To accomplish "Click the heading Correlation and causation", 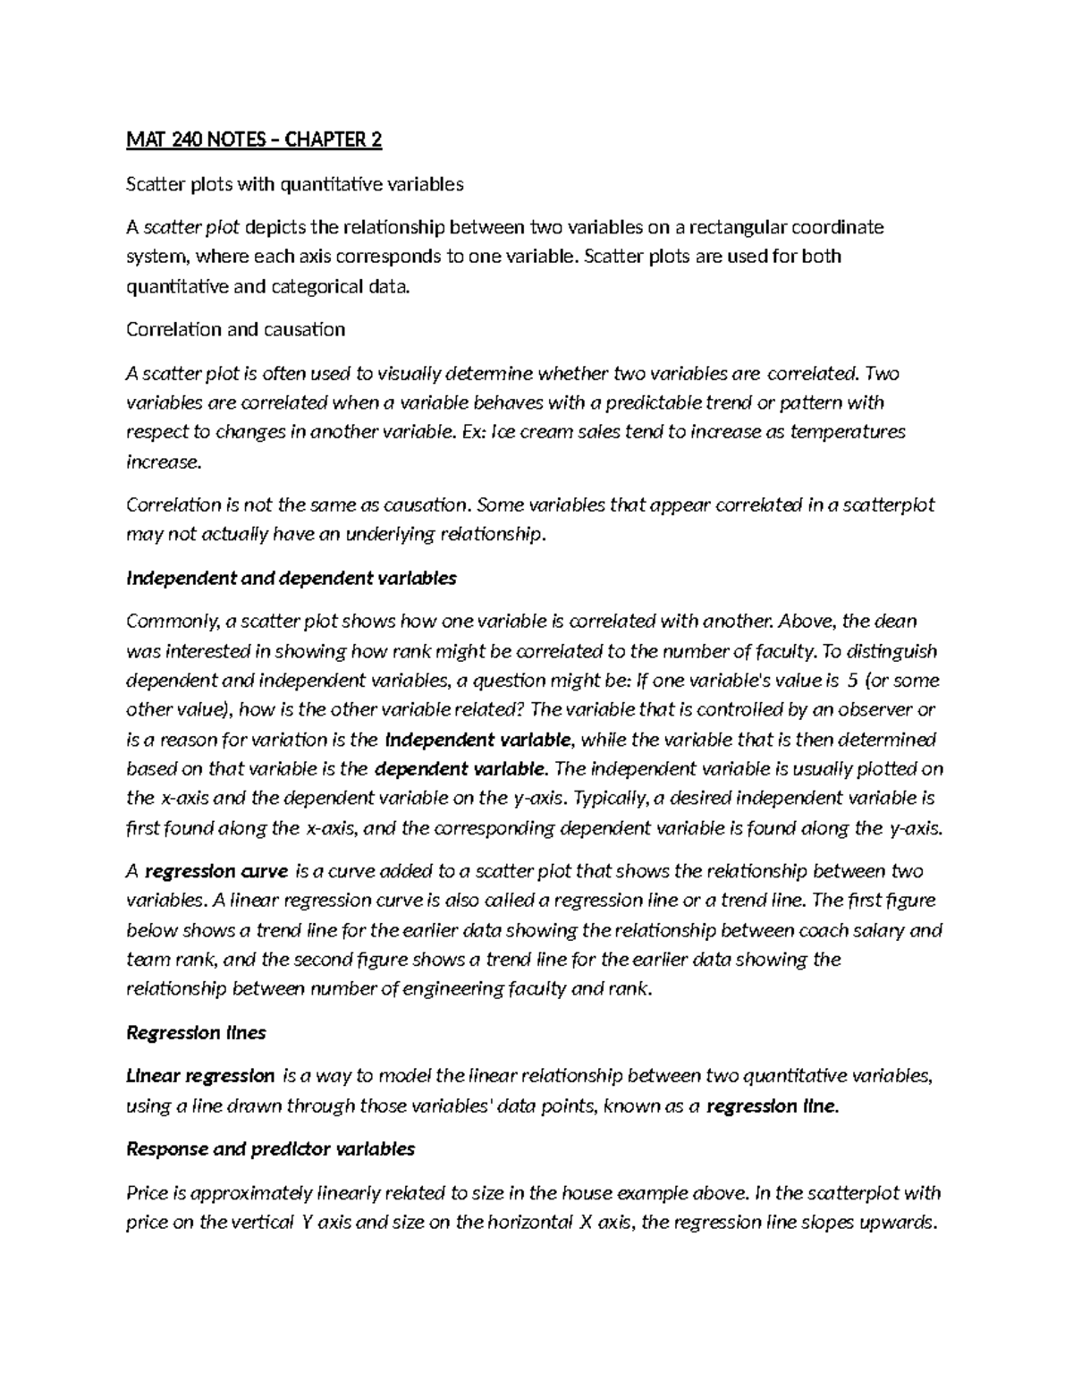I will [235, 329].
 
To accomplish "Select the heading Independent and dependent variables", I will [291, 578].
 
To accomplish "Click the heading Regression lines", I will [196, 1033].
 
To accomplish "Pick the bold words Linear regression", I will [200, 1076].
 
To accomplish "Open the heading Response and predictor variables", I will [270, 1148].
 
